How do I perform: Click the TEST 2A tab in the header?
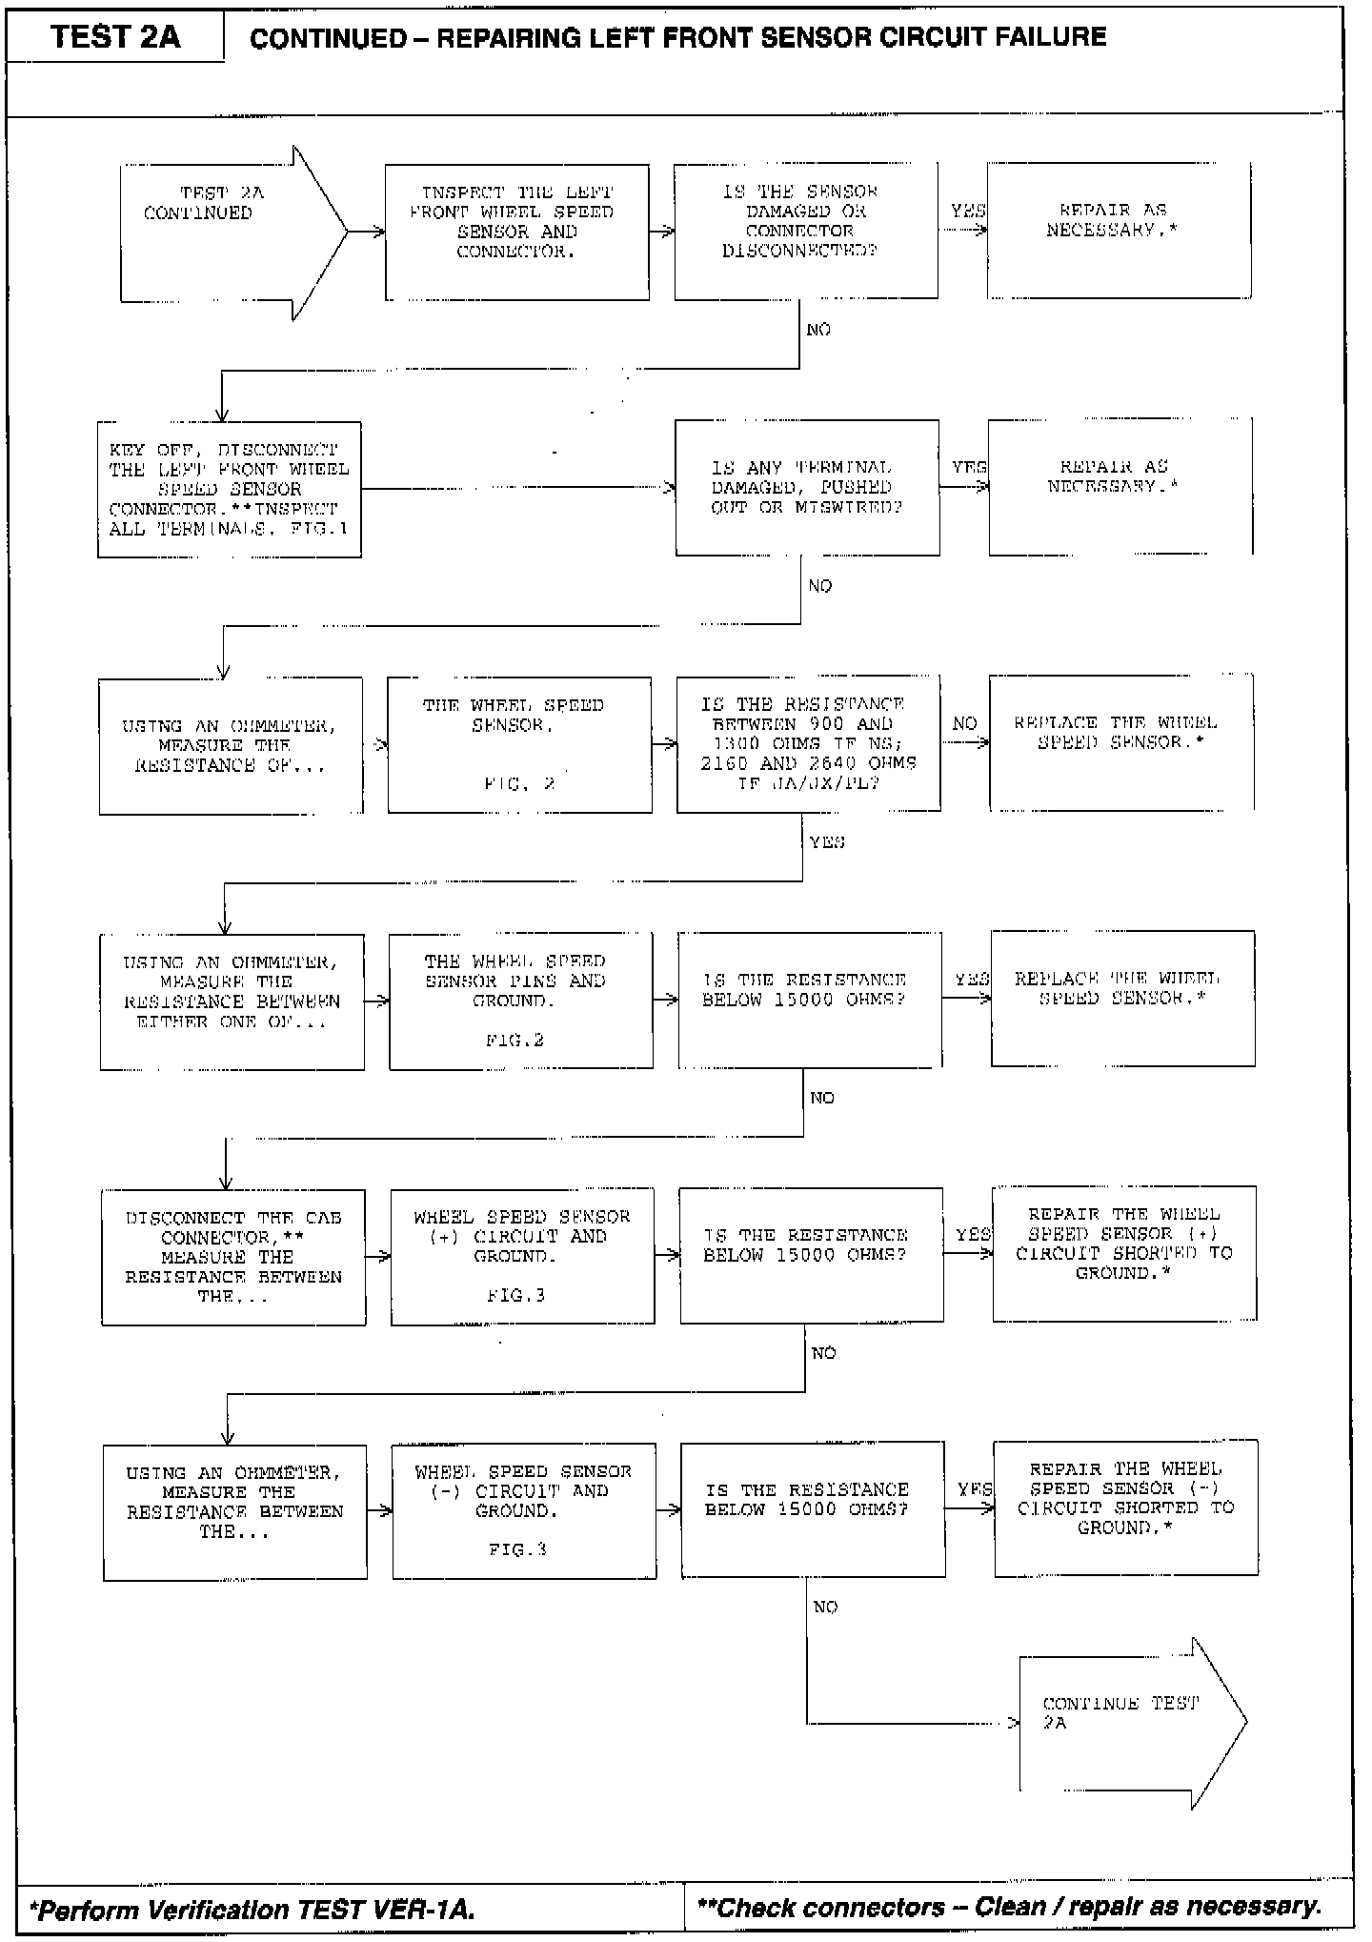(x=115, y=36)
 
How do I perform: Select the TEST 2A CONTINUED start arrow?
(x=229, y=233)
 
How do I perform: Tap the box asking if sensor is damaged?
(x=805, y=232)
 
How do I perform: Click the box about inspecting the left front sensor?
(x=517, y=232)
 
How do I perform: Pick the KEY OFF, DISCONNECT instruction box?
(x=229, y=489)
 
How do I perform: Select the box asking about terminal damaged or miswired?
(x=806, y=488)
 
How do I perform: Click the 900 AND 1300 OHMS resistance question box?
(x=808, y=743)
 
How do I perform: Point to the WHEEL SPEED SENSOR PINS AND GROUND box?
(x=521, y=1000)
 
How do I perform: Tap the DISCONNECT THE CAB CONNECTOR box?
(x=233, y=1256)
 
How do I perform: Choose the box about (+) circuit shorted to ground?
(x=1124, y=1253)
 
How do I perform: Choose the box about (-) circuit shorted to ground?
(x=1125, y=1508)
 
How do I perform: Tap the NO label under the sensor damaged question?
(x=818, y=330)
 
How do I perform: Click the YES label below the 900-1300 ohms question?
(x=826, y=842)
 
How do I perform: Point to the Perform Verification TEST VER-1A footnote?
(x=252, y=1909)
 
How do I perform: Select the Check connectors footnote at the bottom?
(x=1009, y=1907)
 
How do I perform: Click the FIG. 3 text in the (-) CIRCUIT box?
(x=517, y=1550)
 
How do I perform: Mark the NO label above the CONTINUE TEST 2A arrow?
(x=825, y=1608)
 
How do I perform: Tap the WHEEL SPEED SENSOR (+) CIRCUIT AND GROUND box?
(x=522, y=1255)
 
